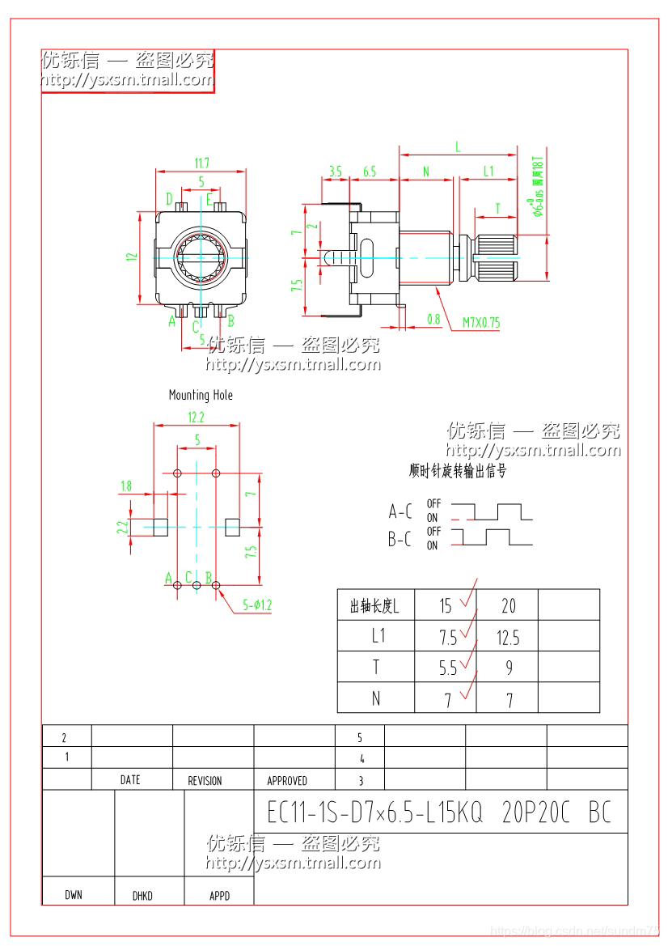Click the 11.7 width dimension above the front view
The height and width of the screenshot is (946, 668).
pyautogui.click(x=201, y=163)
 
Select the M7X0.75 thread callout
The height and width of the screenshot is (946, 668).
pyautogui.click(x=481, y=322)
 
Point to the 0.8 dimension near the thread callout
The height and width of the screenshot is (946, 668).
pyautogui.click(x=433, y=319)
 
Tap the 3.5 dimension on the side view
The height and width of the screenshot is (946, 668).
pyautogui.click(x=335, y=172)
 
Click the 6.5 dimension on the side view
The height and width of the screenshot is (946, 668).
pyautogui.click(x=370, y=172)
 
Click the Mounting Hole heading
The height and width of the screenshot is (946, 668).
pyautogui.click(x=201, y=395)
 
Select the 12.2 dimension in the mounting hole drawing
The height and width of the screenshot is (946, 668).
pyautogui.click(x=197, y=418)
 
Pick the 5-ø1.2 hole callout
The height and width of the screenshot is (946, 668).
pyautogui.click(x=257, y=605)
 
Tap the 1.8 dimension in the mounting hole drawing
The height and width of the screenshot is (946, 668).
pyautogui.click(x=126, y=486)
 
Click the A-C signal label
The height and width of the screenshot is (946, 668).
pyautogui.click(x=400, y=511)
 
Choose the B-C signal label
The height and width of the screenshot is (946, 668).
pyautogui.click(x=400, y=540)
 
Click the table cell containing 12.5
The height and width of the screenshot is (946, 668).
pyautogui.click(x=508, y=638)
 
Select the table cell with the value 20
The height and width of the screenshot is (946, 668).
pyautogui.click(x=508, y=606)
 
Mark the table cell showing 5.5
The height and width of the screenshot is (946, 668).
pyautogui.click(x=447, y=668)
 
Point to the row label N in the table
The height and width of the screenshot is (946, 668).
pyautogui.click(x=376, y=698)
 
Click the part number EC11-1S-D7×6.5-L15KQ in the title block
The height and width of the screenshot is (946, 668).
pyautogui.click(x=374, y=812)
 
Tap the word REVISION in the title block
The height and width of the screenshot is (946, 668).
pyautogui.click(x=205, y=781)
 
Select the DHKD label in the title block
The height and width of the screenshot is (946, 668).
pyautogui.click(x=142, y=896)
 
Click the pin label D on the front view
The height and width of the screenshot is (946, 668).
pyautogui.click(x=169, y=199)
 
